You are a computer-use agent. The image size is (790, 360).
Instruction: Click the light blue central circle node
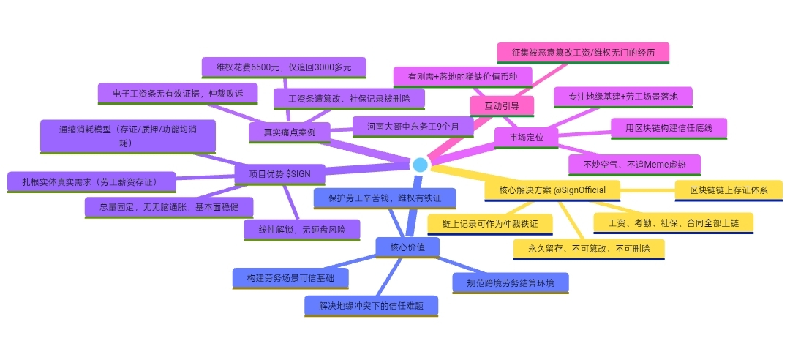[420, 164]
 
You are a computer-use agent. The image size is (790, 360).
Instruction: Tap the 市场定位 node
[526, 137]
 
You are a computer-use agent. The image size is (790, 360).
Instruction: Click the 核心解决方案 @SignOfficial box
[552, 190]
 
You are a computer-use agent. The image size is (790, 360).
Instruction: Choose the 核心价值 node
[408, 247]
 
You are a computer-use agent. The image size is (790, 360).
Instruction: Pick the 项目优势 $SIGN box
[279, 174]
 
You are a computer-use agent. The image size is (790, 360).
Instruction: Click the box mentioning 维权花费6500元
[284, 67]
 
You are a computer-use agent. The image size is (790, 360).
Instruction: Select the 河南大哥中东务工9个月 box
[413, 127]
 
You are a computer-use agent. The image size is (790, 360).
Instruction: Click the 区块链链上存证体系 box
[728, 190]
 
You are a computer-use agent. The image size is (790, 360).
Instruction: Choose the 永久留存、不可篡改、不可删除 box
[589, 249]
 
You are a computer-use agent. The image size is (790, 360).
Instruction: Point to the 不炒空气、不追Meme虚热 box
[635, 164]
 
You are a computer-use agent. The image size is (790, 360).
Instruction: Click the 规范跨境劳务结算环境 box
[510, 282]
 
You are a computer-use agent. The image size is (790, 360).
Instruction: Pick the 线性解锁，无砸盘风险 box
[302, 229]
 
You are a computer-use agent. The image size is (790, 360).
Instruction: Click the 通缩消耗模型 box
[127, 136]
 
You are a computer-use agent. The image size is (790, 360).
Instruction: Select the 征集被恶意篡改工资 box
[583, 53]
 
